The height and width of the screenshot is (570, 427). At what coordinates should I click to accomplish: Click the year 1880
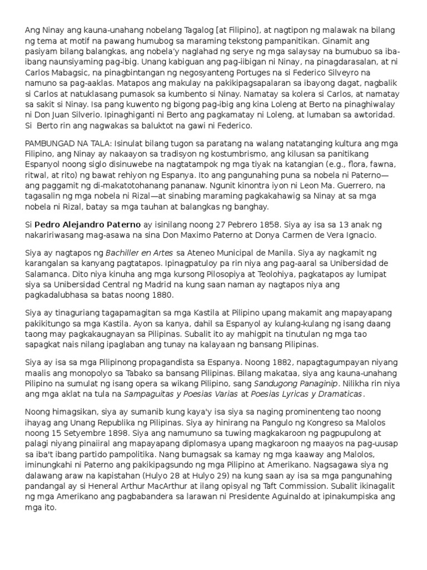pos(161,294)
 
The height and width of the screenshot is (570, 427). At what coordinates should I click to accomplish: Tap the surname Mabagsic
pos(81,72)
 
